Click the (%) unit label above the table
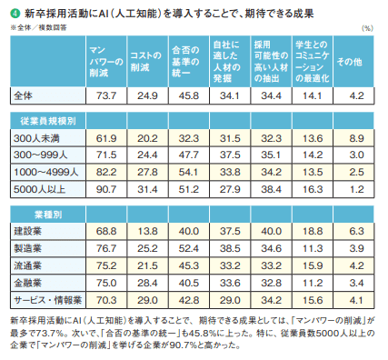(x=366, y=27)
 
